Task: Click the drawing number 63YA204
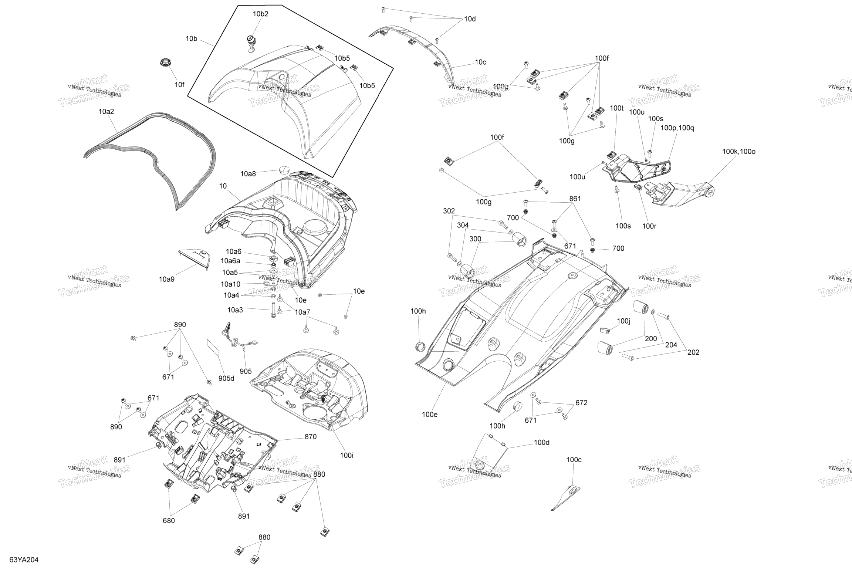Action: [24, 560]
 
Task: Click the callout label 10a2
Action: [106, 111]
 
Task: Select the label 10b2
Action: [261, 14]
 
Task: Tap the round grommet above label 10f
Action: [166, 62]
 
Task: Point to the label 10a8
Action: [248, 174]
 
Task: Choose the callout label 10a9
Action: [167, 279]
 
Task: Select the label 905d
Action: [226, 378]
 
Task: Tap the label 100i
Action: [346, 456]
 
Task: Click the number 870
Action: [310, 437]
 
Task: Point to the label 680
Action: [169, 521]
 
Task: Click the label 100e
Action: [430, 415]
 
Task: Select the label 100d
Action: [542, 443]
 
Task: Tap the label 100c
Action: [574, 460]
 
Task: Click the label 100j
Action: [623, 321]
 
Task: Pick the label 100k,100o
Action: [739, 152]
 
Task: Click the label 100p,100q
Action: [677, 128]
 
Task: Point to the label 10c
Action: [480, 62]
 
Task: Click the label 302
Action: [449, 211]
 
